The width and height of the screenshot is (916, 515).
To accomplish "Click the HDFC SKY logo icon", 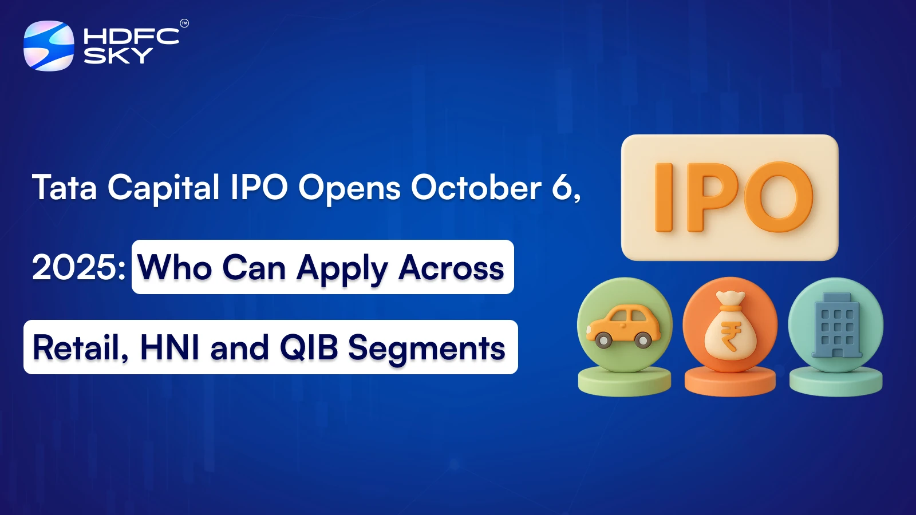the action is coord(49,46).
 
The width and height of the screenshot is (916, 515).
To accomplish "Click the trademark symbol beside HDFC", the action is coord(184,23).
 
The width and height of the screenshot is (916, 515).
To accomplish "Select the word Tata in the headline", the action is coord(65,187).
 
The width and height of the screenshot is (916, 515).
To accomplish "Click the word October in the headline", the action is coord(476,187).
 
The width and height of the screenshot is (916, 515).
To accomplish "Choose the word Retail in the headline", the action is coord(81,348).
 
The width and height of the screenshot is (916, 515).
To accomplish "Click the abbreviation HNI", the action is coord(169,348).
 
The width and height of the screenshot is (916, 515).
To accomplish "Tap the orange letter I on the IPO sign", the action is coord(664,197).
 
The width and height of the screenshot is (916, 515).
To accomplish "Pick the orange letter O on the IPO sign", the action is coord(778,197).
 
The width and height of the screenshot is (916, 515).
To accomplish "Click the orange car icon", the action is coord(623,326).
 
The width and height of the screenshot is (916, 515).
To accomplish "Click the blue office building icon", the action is coord(836,326).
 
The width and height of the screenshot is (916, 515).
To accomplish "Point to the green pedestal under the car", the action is coord(625,382).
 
